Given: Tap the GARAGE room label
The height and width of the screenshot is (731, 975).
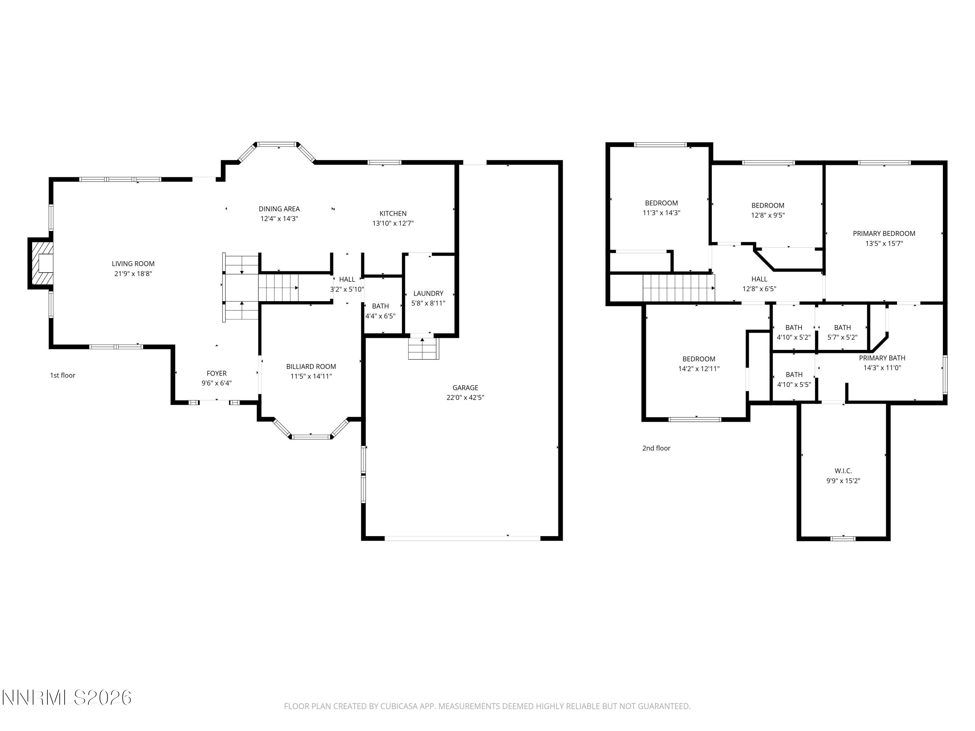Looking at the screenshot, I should (x=465, y=388).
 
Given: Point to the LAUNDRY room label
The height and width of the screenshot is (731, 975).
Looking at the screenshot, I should (x=428, y=293).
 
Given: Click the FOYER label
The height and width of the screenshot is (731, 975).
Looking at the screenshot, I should (x=216, y=374).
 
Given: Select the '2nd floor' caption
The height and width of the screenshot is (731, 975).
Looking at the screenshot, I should (x=656, y=448).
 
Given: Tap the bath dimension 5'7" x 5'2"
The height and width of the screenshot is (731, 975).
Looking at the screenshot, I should (x=842, y=338).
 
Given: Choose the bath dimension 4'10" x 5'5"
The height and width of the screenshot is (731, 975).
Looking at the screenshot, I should (x=794, y=385).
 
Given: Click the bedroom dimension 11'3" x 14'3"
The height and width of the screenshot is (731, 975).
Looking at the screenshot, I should (x=661, y=213).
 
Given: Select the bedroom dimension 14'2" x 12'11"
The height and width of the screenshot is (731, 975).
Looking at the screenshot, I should (x=699, y=369).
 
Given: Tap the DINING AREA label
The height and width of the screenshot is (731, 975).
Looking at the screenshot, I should (x=279, y=209).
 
